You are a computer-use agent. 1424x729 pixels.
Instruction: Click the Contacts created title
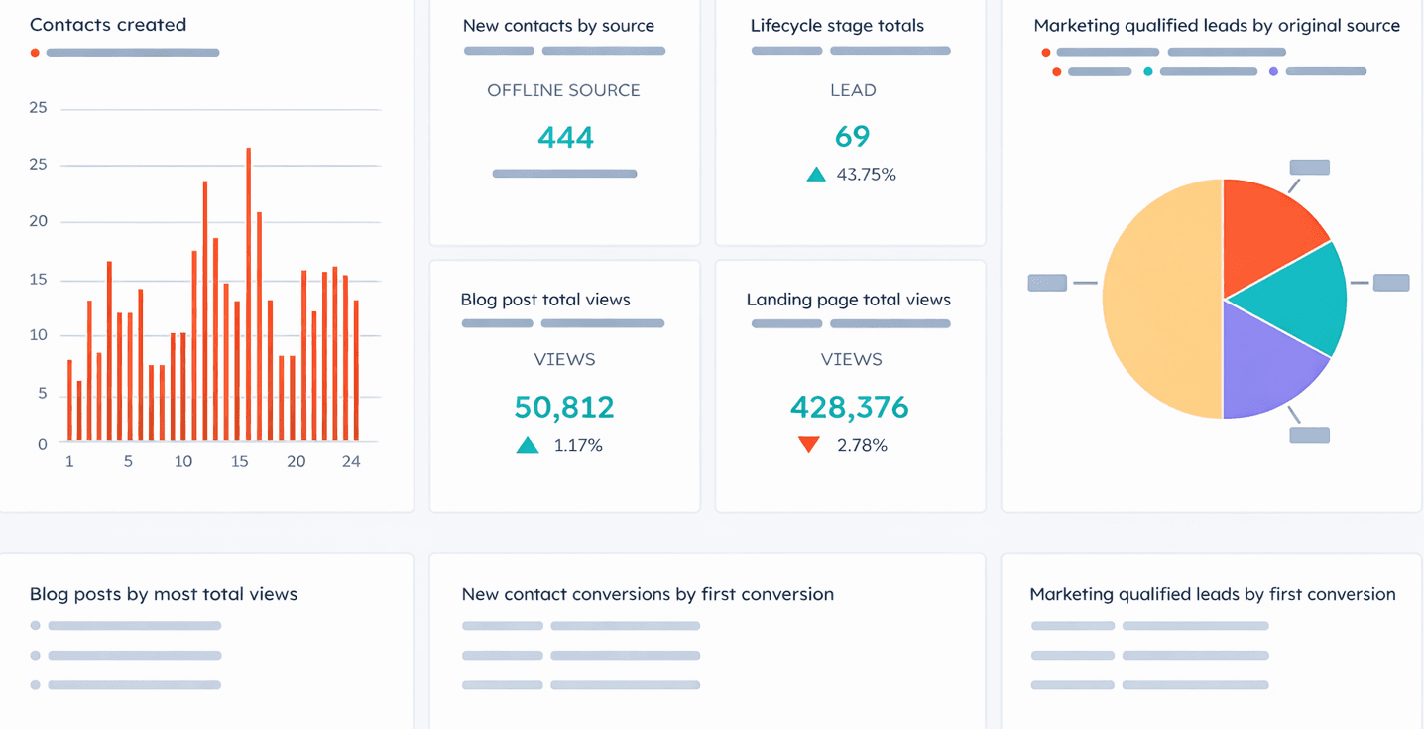108,25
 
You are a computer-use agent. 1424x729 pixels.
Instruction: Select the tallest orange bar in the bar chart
248,294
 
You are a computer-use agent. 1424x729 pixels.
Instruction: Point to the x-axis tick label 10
182,461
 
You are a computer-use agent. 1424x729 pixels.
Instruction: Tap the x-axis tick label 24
351,461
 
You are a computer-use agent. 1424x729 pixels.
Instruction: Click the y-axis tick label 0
43,444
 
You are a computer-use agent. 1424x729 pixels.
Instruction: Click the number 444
565,137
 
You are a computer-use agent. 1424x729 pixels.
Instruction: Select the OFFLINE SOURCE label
563,90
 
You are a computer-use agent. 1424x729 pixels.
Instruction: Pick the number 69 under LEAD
852,137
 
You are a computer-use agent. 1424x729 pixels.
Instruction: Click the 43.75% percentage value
866,175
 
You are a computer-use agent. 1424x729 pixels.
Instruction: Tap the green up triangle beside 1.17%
528,446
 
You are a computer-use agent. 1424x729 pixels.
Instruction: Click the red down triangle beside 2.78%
809,446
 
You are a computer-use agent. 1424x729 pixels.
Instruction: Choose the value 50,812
563,407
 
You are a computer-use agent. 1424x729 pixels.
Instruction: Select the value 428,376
849,407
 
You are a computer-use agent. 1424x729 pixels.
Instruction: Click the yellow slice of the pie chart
1160,298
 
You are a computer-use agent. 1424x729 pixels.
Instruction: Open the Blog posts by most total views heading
164,594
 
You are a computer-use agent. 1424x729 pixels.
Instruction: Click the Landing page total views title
848,300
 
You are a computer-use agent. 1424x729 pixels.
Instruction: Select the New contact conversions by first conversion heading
648,594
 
